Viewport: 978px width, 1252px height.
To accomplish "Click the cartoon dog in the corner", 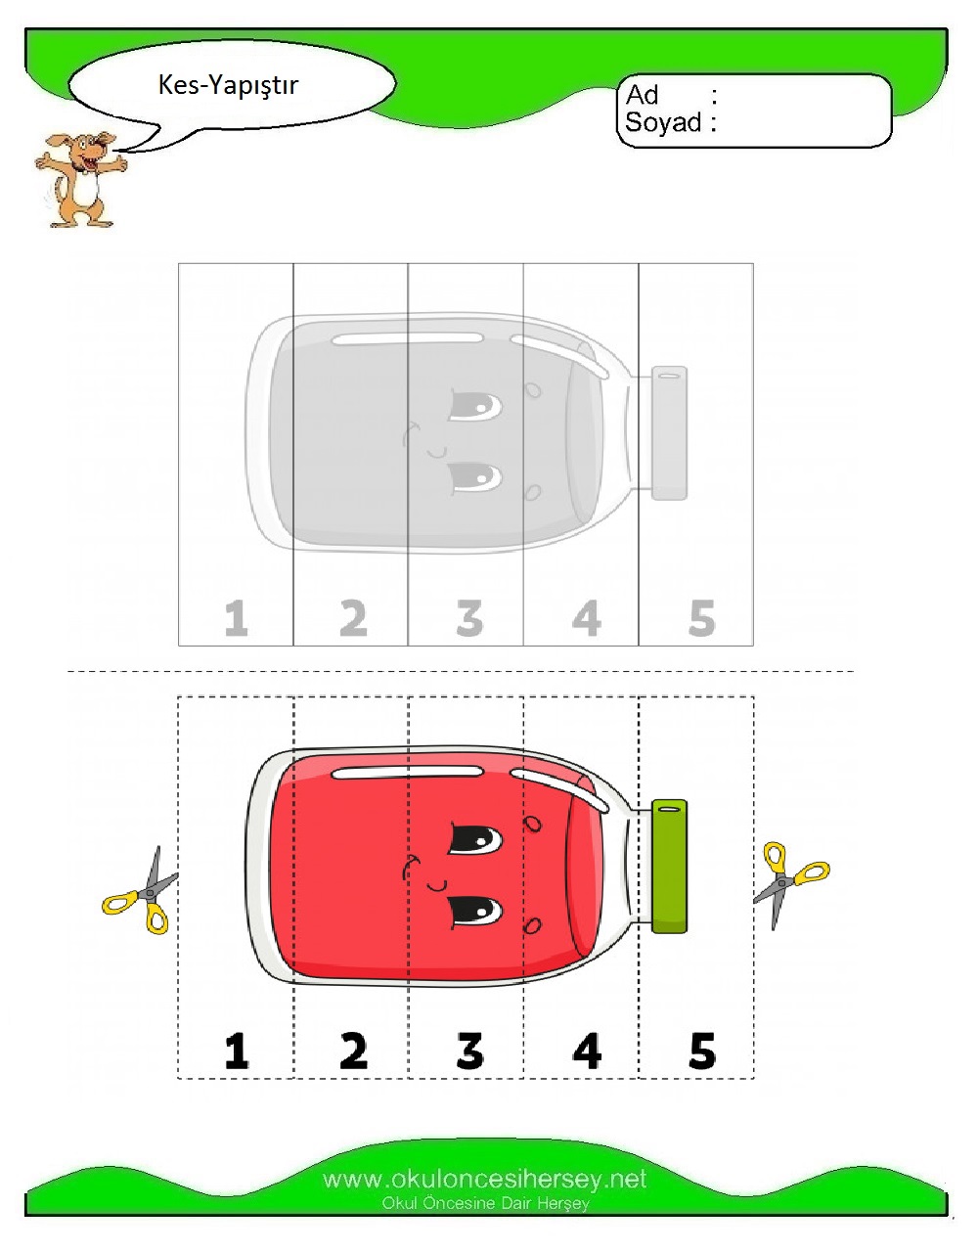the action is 80,179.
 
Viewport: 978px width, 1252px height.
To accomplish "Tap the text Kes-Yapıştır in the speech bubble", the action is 228,86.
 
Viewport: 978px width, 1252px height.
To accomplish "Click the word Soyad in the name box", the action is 663,122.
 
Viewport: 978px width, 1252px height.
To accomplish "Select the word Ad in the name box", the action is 643,95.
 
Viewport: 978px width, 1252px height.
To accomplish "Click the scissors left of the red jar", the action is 141,891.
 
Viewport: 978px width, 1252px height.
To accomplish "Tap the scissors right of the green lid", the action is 790,884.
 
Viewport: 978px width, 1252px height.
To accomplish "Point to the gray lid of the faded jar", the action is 669,432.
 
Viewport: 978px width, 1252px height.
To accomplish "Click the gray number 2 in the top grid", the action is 353,618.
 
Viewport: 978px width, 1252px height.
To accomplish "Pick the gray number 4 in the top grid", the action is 587,618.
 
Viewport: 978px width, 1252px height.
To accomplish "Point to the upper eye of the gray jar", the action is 475,406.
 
